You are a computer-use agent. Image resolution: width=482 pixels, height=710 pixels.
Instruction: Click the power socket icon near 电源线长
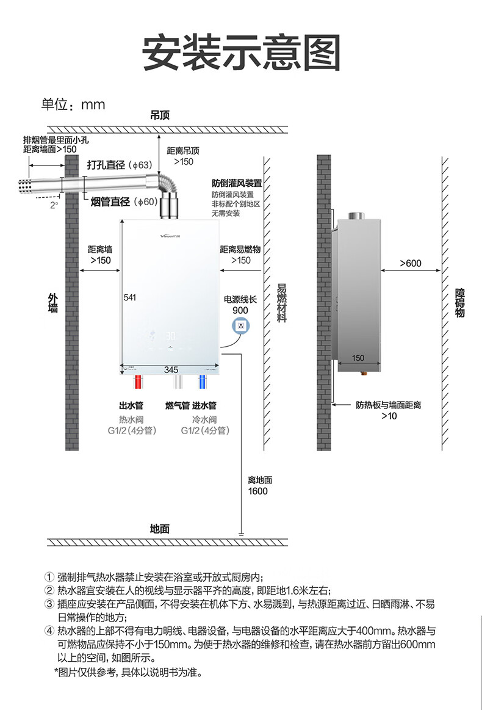(x=242, y=326)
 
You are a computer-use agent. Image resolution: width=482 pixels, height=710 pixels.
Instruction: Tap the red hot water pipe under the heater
(x=138, y=383)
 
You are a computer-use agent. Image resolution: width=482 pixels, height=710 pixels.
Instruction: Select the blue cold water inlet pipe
(x=202, y=383)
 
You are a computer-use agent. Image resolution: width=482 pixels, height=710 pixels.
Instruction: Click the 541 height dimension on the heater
(x=129, y=297)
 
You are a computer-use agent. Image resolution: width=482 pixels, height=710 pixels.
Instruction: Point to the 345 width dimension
(x=171, y=369)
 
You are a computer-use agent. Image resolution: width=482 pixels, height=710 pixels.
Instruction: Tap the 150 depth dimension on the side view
(x=358, y=358)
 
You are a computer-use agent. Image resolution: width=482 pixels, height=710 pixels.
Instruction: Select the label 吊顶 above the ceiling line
(x=160, y=115)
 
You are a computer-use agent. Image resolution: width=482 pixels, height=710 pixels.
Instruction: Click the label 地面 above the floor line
(x=159, y=529)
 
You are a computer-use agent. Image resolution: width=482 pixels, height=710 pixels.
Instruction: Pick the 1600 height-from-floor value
(x=257, y=491)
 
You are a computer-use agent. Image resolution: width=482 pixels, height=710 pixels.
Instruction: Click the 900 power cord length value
(x=240, y=310)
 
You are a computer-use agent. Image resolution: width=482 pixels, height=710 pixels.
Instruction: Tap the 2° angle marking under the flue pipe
(x=54, y=206)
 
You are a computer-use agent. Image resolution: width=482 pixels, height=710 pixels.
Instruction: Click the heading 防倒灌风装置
(x=237, y=183)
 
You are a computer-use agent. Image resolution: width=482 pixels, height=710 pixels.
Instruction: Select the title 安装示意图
(x=241, y=54)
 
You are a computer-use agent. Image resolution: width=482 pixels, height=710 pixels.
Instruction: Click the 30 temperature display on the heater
(x=171, y=336)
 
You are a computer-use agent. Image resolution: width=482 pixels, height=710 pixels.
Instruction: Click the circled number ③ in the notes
(x=49, y=604)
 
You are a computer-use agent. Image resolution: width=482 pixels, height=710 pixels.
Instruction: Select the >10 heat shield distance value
(x=389, y=416)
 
